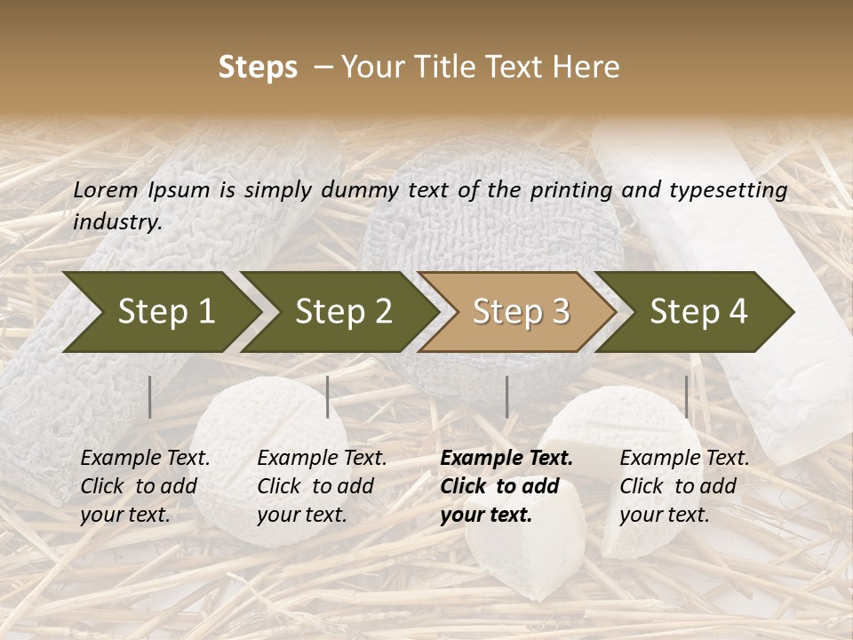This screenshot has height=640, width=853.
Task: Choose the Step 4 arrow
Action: tap(698, 311)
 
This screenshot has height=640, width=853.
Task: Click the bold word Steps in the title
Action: tap(258, 67)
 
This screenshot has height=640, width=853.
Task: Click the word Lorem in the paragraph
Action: tap(105, 189)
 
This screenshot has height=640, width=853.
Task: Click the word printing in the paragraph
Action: tap(561, 189)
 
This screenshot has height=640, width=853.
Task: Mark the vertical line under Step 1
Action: tap(150, 396)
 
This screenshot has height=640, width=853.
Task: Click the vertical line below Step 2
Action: tap(328, 396)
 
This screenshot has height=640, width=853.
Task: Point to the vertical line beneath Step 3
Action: tap(507, 396)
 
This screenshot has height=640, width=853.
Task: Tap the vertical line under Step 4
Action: tap(687, 396)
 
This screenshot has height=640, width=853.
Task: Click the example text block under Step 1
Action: tap(144, 486)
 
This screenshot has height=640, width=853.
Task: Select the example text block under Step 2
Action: tap(321, 486)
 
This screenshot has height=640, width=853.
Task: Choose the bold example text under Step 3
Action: tap(506, 486)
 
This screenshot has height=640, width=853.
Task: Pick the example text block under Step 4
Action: tap(683, 486)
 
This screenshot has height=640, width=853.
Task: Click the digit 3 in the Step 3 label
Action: tap(560, 311)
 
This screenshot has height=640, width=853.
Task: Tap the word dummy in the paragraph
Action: tap(362, 189)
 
